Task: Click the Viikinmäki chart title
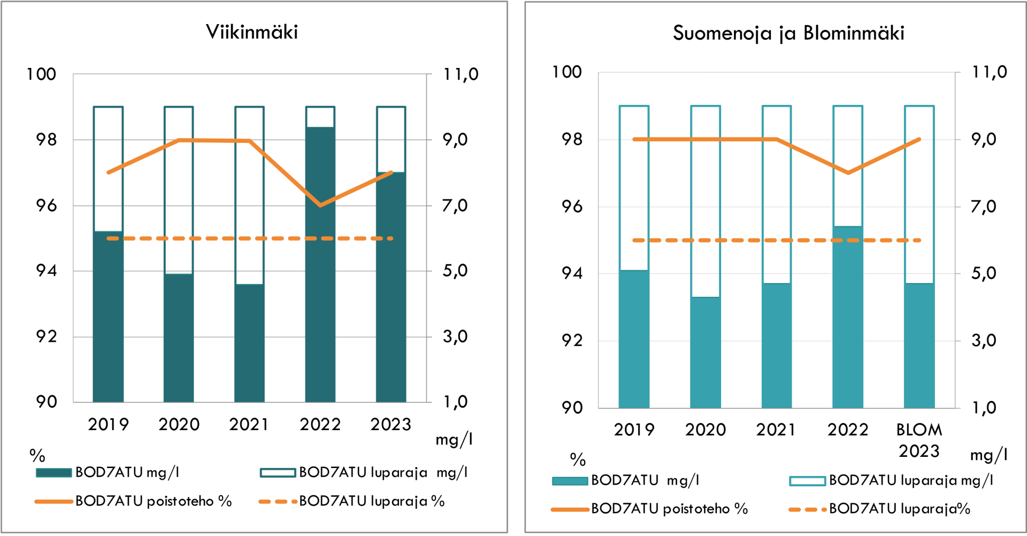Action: tap(252, 32)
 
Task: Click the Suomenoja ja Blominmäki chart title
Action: tap(788, 33)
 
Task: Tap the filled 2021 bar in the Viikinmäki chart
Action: tap(249, 342)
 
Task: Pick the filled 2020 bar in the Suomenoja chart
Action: tap(705, 353)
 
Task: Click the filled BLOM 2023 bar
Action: tap(919, 345)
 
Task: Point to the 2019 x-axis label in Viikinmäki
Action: tap(108, 425)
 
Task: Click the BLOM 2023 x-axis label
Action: tap(919, 440)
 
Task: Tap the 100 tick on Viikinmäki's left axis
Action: tap(41, 74)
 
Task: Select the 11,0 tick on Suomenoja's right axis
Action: tap(989, 72)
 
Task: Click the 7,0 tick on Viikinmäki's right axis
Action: tap(455, 205)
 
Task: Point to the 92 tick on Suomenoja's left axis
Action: tap(572, 340)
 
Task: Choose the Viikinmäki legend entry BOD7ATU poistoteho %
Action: tap(153, 501)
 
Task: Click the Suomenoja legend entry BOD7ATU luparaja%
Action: tap(899, 509)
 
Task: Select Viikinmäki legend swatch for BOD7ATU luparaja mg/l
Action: tap(278, 473)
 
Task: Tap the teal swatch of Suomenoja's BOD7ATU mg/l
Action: tap(570, 481)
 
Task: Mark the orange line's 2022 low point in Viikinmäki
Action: tap(320, 205)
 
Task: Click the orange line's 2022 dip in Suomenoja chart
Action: tap(848, 173)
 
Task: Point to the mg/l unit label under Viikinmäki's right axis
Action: tap(454, 440)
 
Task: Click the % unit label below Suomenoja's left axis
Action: tap(578, 459)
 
